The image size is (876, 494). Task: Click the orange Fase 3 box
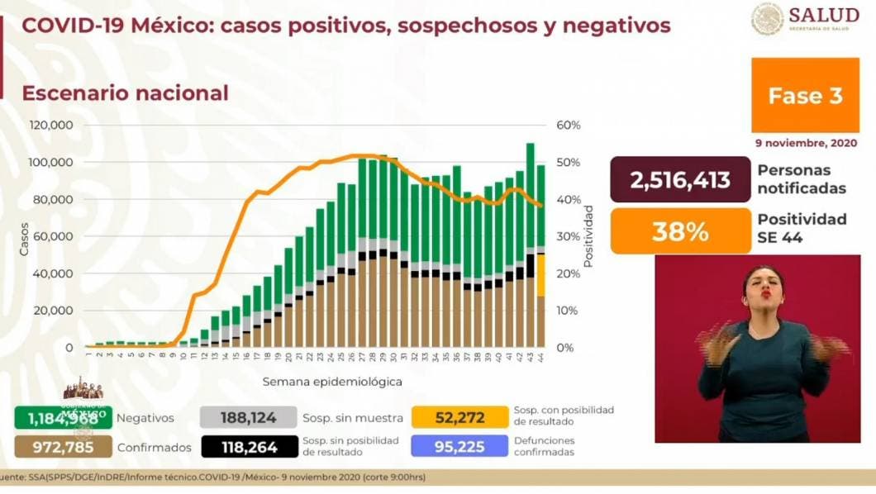pyautogui.click(x=805, y=96)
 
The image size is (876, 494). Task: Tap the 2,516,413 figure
pyautogui.click(x=680, y=180)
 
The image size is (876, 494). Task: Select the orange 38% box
pyautogui.click(x=680, y=231)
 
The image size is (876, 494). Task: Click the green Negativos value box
pyautogui.click(x=63, y=417)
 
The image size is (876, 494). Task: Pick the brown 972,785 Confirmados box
pyautogui.click(x=63, y=447)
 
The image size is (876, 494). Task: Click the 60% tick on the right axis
pyautogui.click(x=569, y=126)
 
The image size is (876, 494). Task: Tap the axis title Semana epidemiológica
pyautogui.click(x=332, y=382)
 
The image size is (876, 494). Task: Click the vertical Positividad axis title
pyautogui.click(x=589, y=236)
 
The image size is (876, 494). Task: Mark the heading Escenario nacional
pyautogui.click(x=125, y=93)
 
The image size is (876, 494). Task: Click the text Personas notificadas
pyautogui.click(x=801, y=179)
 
